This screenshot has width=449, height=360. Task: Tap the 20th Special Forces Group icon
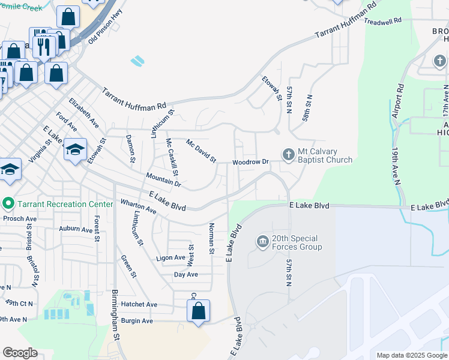coord(263,242)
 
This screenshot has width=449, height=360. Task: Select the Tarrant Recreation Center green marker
coord(8,204)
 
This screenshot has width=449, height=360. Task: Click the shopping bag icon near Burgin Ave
coord(198,311)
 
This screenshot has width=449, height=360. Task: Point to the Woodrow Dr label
coord(250,162)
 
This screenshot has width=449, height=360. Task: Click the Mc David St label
coord(200,151)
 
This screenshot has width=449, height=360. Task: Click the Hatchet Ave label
coord(139,305)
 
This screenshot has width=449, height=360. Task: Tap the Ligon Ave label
coord(171,257)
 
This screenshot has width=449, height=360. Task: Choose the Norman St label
coord(211,238)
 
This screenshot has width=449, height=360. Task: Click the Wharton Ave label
coord(139,207)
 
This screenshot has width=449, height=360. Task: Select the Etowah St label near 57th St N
coord(272,88)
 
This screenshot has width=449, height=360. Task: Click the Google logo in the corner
coord(20,353)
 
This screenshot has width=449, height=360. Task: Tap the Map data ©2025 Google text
coord(411,355)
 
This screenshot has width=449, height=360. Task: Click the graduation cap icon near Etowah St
coord(76,150)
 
